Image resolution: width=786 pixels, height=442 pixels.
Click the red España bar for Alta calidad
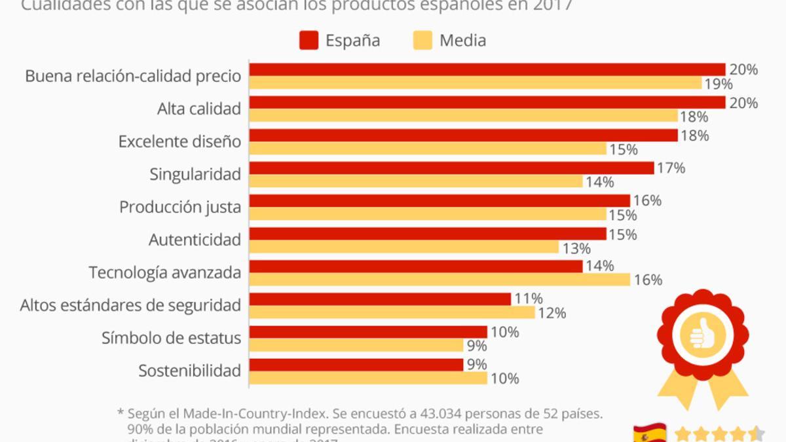(487, 102)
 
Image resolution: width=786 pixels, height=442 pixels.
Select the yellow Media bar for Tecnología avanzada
(439, 280)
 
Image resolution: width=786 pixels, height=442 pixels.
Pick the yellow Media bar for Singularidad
(415, 181)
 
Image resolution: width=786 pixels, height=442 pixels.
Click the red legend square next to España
(309, 40)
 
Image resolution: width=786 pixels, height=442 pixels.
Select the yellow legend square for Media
(422, 40)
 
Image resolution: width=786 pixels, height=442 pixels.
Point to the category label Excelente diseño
(179, 141)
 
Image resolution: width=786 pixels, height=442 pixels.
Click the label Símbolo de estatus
(171, 338)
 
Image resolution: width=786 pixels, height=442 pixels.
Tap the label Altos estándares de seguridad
(130, 305)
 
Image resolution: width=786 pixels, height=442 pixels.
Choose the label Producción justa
(179, 207)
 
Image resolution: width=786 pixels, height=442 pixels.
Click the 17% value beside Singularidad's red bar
(671, 168)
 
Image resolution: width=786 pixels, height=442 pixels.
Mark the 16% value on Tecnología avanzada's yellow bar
(647, 280)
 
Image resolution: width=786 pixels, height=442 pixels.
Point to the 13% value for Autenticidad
(576, 248)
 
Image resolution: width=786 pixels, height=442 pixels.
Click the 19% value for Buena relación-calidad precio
(719, 84)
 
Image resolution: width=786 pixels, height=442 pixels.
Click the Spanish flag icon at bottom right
(649, 433)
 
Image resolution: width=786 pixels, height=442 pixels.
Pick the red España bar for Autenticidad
(427, 233)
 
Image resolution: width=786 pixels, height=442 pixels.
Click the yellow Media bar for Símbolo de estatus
(356, 345)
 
